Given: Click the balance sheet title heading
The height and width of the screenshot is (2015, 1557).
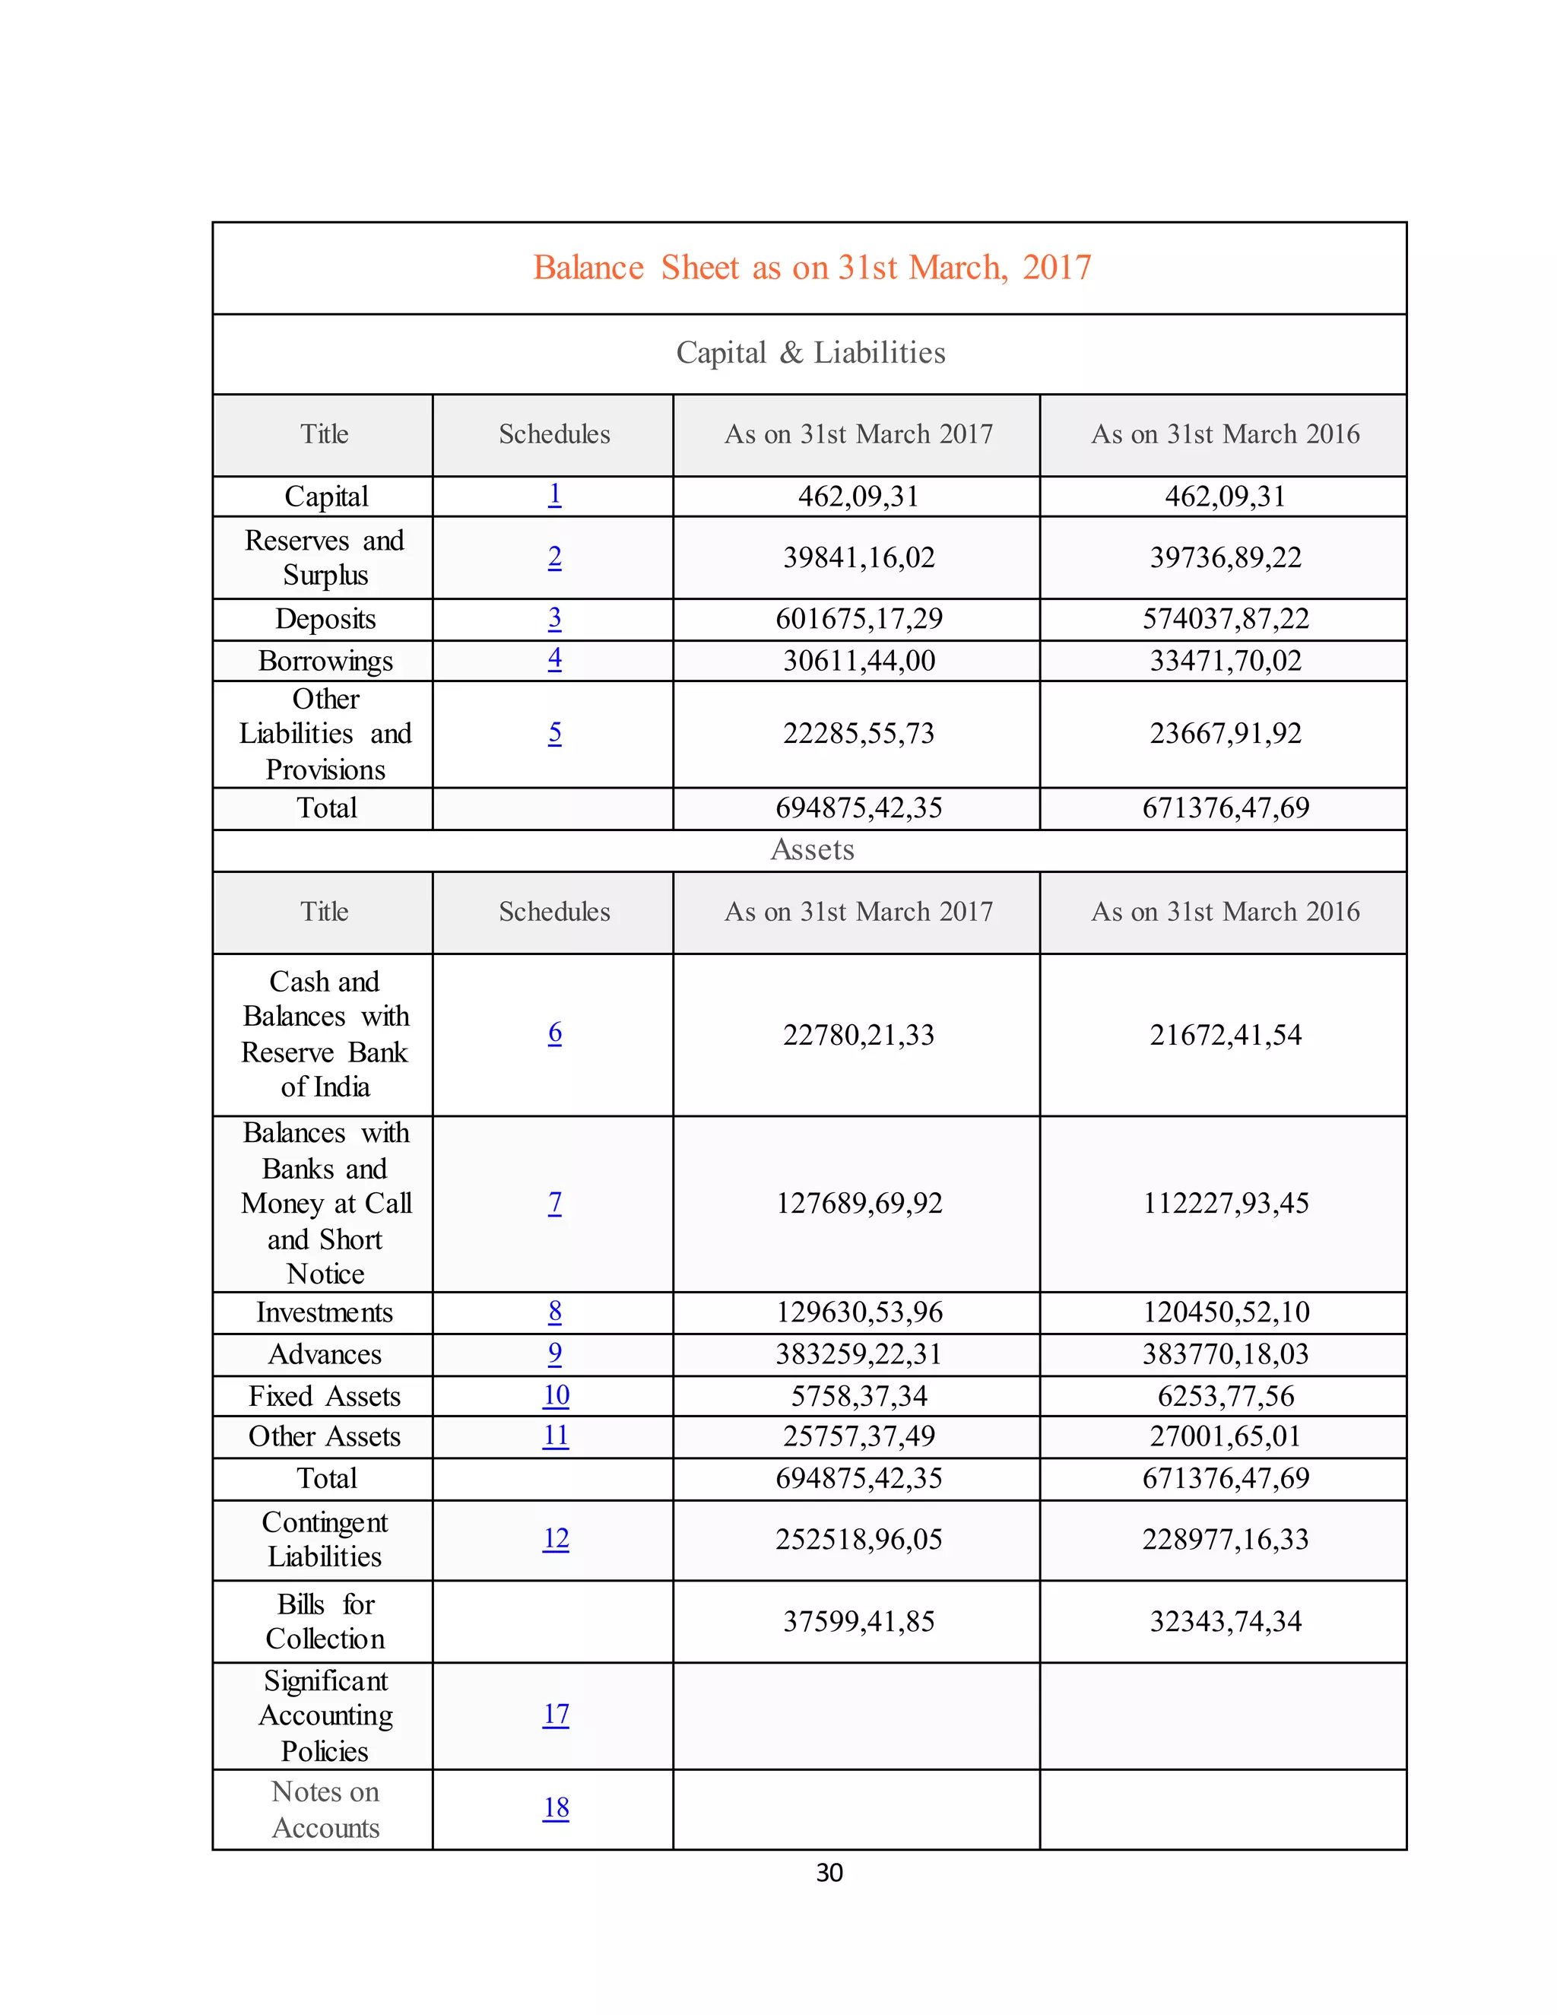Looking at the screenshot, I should [x=812, y=268].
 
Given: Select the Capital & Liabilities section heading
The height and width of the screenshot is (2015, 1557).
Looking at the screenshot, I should [x=810, y=353].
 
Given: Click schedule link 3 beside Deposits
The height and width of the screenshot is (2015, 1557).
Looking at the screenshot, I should [x=554, y=618].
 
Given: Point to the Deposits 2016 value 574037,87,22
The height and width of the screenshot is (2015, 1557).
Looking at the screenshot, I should [x=1225, y=618].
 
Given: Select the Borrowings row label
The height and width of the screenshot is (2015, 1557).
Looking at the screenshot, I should [x=325, y=661].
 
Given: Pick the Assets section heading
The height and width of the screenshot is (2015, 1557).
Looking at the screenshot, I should [x=812, y=850].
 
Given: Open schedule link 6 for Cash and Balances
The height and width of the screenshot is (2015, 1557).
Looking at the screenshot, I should [x=554, y=1033].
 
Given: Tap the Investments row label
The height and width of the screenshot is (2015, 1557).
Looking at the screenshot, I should [x=325, y=1312].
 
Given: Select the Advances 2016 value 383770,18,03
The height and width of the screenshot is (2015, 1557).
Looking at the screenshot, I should [x=1225, y=1353].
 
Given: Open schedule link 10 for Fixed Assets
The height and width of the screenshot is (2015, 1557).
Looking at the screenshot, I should [x=555, y=1395].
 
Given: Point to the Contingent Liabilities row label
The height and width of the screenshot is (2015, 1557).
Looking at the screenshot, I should [x=325, y=1539].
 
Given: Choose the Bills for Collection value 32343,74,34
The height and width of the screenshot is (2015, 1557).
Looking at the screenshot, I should [x=1225, y=1621].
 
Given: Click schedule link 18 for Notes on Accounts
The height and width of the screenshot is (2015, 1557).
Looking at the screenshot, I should [x=555, y=1807].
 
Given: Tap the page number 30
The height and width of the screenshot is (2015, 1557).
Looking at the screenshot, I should [x=829, y=1873].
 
